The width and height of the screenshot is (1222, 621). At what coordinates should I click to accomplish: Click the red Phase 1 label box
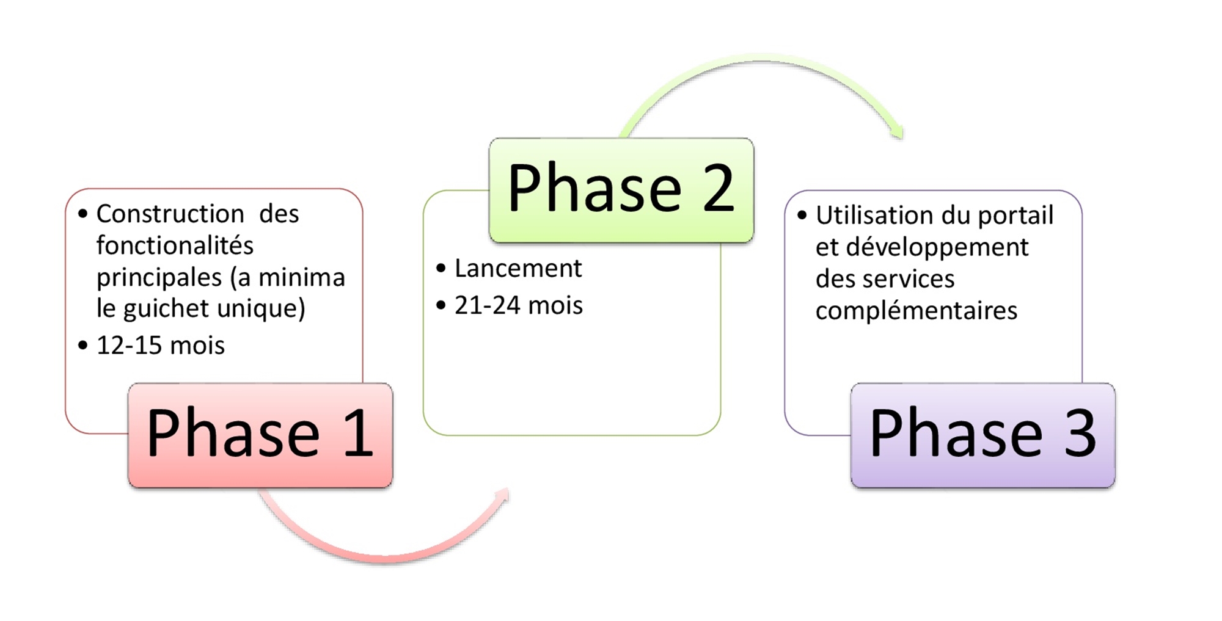click(x=260, y=435)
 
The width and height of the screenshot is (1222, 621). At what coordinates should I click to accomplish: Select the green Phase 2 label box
click(x=621, y=190)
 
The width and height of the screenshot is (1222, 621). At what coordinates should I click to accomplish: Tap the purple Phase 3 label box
click(x=983, y=435)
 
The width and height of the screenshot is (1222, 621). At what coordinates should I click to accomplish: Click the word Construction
click(x=170, y=214)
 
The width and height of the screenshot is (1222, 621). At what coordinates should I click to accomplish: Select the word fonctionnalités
click(x=175, y=245)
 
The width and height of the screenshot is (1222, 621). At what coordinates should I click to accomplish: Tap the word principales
click(x=159, y=278)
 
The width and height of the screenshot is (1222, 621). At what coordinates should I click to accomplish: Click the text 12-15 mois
click(x=161, y=346)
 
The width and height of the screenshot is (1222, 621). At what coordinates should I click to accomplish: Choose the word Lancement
click(x=518, y=268)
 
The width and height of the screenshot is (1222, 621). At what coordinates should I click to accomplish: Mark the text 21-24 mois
click(x=519, y=305)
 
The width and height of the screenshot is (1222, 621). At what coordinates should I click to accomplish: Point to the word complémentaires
click(x=916, y=311)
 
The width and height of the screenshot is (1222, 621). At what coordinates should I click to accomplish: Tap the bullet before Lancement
click(x=441, y=269)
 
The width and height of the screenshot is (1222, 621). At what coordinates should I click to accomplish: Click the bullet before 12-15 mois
click(x=83, y=346)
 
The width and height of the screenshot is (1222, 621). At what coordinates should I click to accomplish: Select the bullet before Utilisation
click(x=802, y=216)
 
